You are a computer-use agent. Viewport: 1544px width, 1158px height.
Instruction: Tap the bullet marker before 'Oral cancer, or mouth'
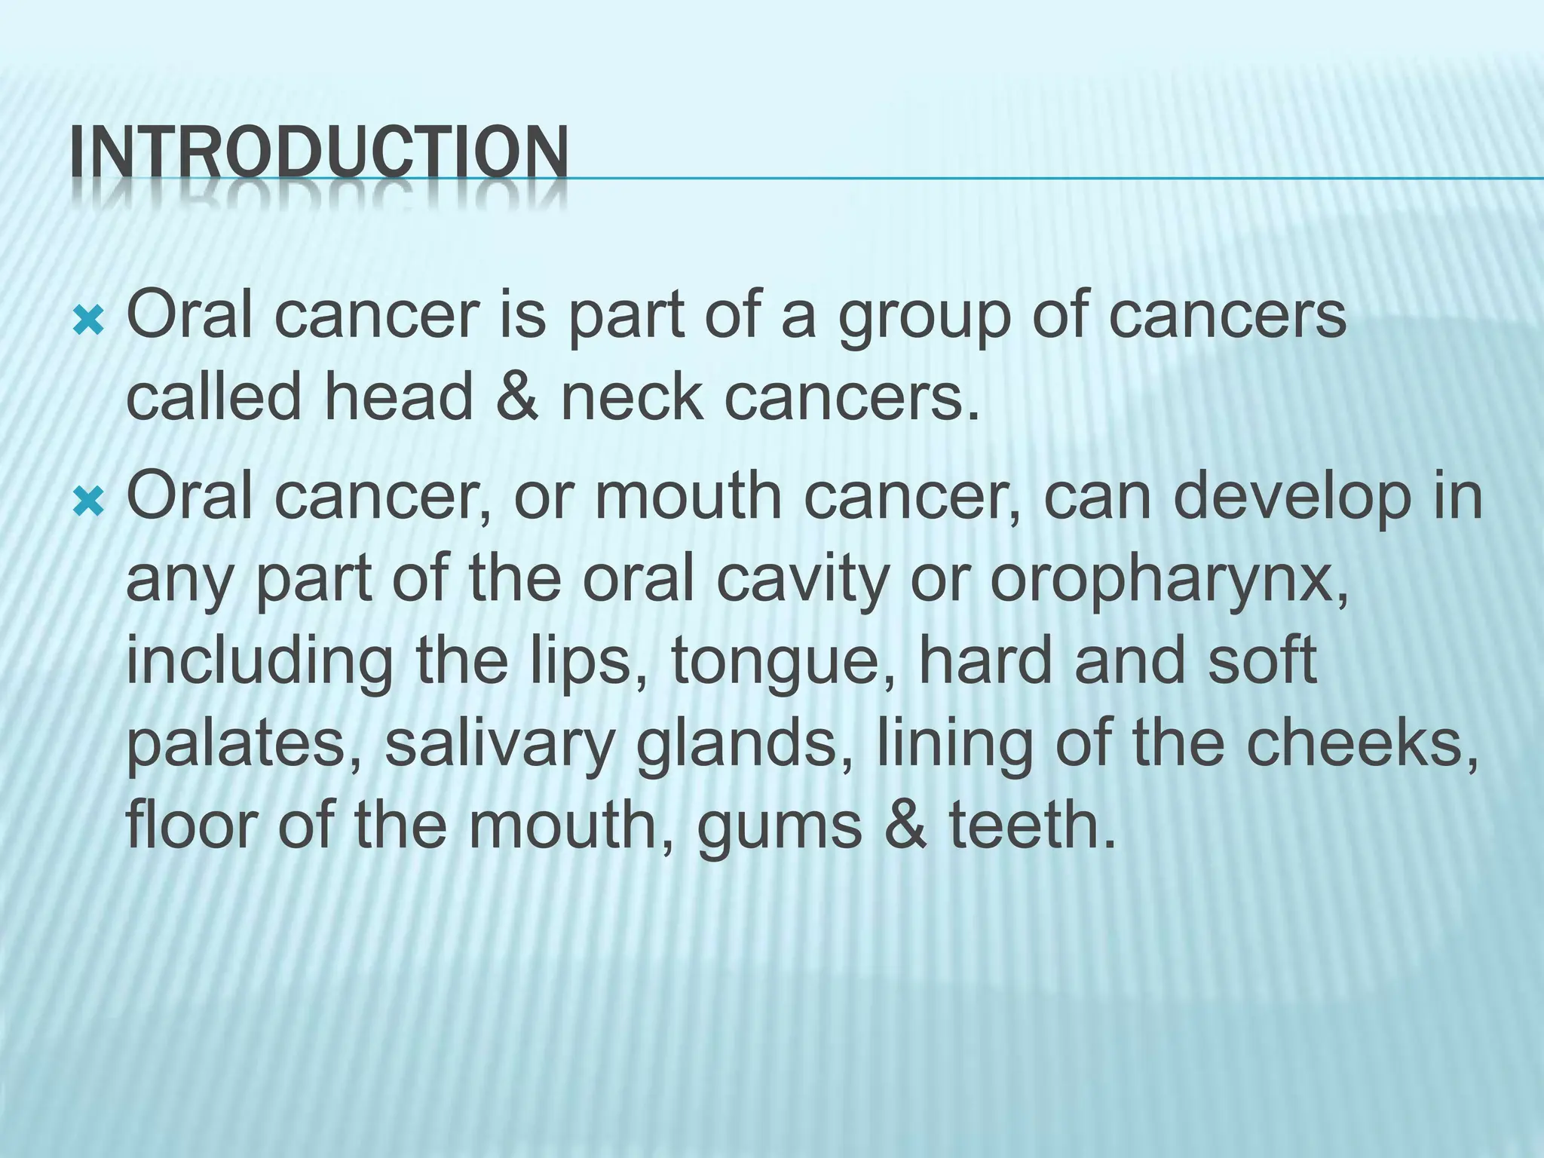click(x=89, y=498)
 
